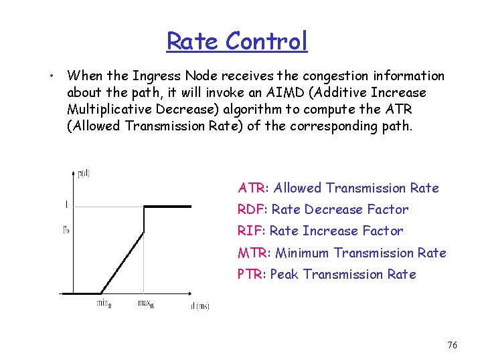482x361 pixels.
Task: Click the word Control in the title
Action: [x=266, y=41]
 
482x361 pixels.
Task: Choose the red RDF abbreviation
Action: [x=252, y=210]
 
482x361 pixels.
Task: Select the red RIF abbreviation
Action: [x=250, y=231]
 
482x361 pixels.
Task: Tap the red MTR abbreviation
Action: [x=252, y=253]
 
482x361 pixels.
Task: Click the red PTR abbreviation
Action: [x=251, y=275]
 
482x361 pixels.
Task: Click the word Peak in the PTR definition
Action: [x=285, y=275]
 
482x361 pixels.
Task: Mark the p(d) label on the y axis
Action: [x=84, y=174]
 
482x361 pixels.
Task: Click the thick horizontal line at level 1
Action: [x=167, y=207]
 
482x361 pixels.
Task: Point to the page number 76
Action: [x=452, y=345]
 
